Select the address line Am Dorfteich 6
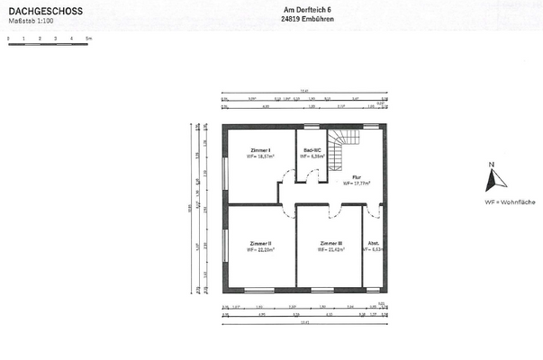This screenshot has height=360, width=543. (x=302, y=10)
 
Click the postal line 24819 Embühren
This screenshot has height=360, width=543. (x=302, y=20)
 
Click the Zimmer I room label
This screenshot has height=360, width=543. (x=260, y=149)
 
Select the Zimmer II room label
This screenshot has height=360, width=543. (x=260, y=243)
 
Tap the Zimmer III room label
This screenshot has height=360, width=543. (x=330, y=243)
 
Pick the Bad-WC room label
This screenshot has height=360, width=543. (x=312, y=149)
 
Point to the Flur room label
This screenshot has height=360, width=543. (x=356, y=177)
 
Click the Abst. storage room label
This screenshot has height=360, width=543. (x=374, y=243)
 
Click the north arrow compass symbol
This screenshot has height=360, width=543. (x=491, y=181)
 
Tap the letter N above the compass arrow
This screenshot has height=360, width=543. (x=492, y=165)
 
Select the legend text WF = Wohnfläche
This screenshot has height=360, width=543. (x=509, y=202)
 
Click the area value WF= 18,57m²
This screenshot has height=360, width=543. (x=260, y=157)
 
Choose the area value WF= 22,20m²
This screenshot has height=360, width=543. (x=260, y=250)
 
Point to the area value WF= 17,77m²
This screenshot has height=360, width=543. (x=356, y=184)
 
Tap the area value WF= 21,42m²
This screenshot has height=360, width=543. (x=330, y=250)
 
